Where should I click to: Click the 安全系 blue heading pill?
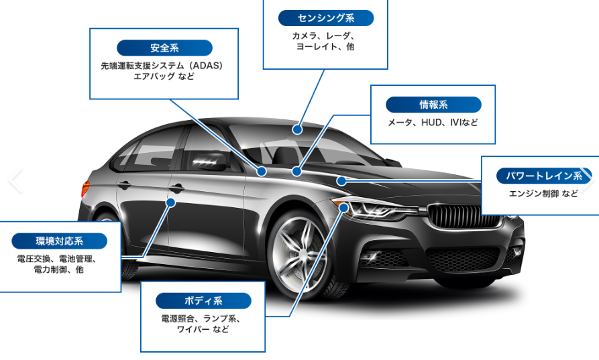(x=164, y=48)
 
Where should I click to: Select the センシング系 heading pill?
(x=326, y=18)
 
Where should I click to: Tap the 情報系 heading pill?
(x=433, y=105)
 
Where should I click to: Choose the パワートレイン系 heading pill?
(x=544, y=176)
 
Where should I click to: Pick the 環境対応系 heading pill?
(x=59, y=241)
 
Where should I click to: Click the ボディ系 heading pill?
(x=203, y=301)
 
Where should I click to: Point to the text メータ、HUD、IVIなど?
(x=433, y=123)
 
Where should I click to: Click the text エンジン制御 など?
(x=543, y=194)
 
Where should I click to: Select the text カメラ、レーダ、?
(x=323, y=36)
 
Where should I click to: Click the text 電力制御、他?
(x=58, y=269)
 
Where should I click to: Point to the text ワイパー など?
(x=203, y=329)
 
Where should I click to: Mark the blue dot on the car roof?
(x=297, y=129)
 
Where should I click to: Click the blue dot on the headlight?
(x=344, y=208)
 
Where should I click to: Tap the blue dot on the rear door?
(x=171, y=202)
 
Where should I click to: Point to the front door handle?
(x=176, y=188)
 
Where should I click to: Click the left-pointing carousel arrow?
(x=16, y=180)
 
